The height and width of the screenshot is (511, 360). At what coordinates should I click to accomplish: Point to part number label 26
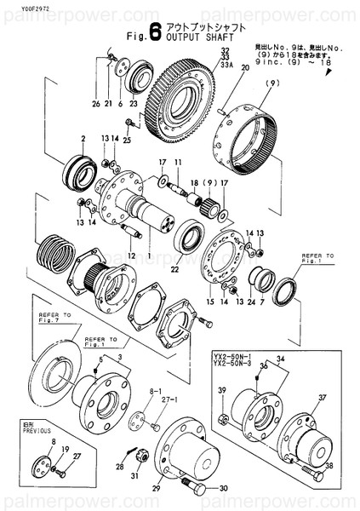[x=108, y=104]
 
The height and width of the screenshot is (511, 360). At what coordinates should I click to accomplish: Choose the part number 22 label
[x=174, y=270]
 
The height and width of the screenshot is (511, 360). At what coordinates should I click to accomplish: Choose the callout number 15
[x=210, y=300]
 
